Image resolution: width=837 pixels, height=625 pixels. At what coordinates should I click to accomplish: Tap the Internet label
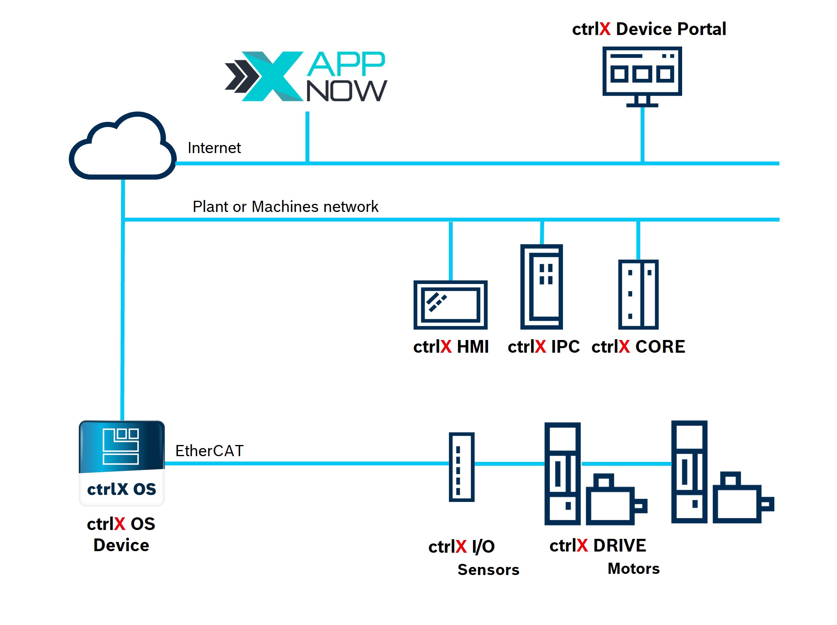pos(214,148)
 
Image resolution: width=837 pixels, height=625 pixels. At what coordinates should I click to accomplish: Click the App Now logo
pos(306,77)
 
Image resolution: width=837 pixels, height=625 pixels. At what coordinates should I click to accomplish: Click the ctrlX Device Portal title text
pos(649,29)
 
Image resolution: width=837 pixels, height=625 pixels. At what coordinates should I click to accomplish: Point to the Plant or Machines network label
pos(285,207)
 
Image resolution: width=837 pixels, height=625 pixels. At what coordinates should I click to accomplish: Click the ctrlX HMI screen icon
pos(450,305)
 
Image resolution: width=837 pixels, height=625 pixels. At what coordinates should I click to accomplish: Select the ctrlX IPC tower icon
pos(541,287)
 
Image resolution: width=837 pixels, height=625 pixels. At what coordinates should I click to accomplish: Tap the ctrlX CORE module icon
pos(638,295)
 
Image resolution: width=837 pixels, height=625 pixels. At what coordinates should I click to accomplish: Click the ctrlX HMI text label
pos(451,347)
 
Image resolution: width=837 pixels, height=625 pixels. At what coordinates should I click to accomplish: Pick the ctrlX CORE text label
pos(638,347)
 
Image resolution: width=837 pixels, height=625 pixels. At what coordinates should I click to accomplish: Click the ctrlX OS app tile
pos(122,463)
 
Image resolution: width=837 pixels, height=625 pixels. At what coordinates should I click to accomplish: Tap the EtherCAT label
pos(209,451)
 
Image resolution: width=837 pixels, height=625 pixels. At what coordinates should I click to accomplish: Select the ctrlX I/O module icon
pos(461,467)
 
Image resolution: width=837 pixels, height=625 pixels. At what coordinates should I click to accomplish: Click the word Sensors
pos(488,570)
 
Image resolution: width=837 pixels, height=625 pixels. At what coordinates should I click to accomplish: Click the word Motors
pos(633,568)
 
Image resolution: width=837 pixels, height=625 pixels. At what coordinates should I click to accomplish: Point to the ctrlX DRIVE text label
pos(598,546)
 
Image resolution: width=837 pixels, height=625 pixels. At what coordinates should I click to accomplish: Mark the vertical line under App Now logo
pos(307,137)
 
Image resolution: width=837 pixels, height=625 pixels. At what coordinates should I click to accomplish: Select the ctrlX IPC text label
pos(543,347)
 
